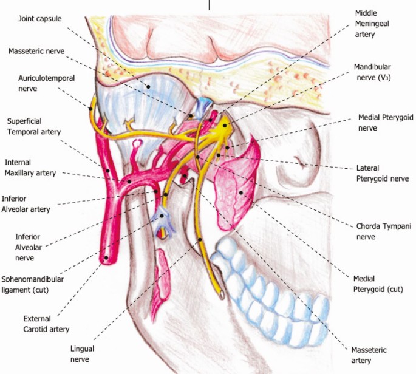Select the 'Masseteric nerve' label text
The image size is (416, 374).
coord(36,52)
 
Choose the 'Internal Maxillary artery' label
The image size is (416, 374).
coord(30,168)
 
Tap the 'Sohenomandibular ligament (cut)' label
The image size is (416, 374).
coord(32,284)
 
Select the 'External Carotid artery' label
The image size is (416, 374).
coord(46,324)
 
